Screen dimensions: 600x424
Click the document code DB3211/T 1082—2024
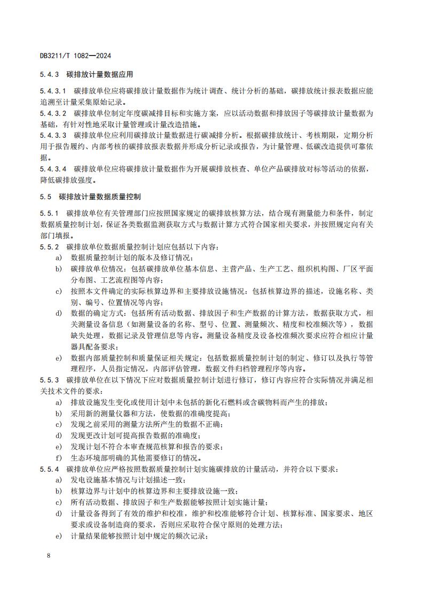coord(75,56)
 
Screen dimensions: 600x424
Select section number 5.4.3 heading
coord(50,74)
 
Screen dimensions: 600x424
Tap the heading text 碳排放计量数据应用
coord(100,74)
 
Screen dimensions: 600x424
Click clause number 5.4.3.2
coord(53,114)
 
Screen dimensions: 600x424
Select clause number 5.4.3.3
coord(53,136)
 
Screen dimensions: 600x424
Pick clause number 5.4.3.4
coord(53,169)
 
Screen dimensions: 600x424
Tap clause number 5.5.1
coord(49,214)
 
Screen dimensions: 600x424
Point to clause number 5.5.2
coord(49,247)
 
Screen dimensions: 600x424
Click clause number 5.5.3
coord(49,380)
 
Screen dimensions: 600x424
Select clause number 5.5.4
coord(49,469)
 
